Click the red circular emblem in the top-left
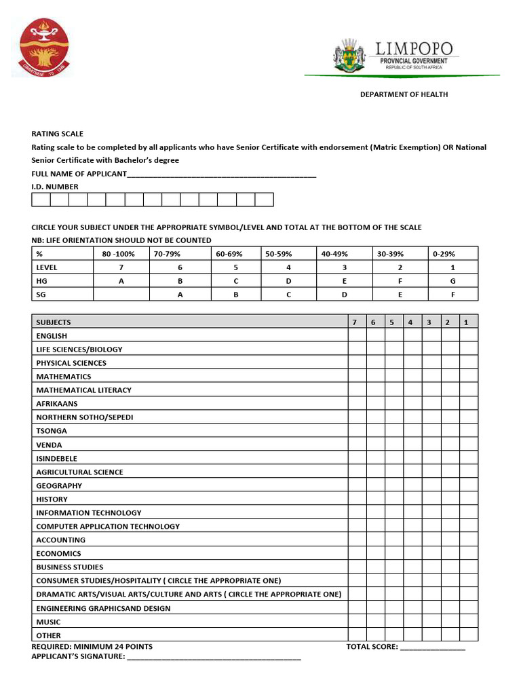tap(44, 48)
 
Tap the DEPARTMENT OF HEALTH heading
tap(404, 94)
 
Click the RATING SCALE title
tap(58, 134)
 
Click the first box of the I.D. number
tap(41, 200)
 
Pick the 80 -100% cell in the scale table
tap(118, 254)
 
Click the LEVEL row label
tap(47, 267)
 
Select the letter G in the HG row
tap(452, 281)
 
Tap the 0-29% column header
tap(444, 254)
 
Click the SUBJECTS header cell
tap(54, 322)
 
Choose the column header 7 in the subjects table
tap(354, 322)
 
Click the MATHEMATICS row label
tap(64, 377)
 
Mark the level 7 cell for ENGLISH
tap(357, 336)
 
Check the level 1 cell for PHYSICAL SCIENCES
tap(468, 363)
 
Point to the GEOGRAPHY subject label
tap(59, 486)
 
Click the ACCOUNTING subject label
tap(61, 540)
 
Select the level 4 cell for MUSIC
tap(412, 622)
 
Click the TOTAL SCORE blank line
tap(432, 647)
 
